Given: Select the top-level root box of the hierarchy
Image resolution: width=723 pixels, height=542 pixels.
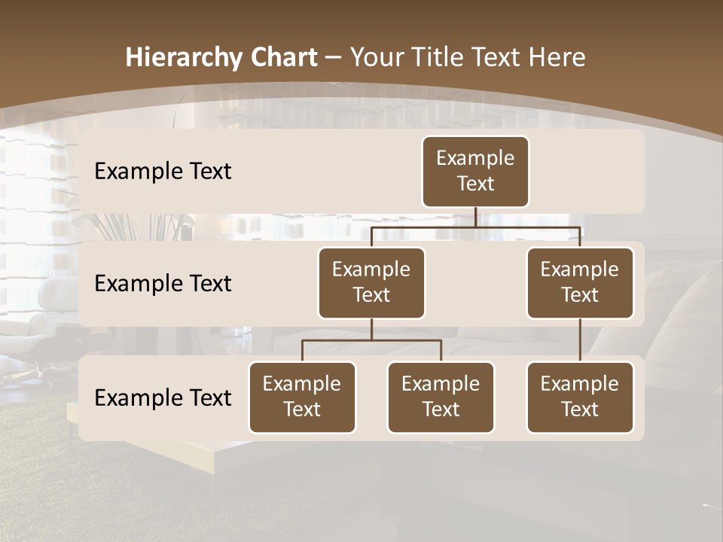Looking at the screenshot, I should point(475,172).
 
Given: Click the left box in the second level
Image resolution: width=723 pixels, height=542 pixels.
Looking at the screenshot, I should point(371,283).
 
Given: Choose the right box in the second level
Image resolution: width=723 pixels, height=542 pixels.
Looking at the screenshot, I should point(580,283).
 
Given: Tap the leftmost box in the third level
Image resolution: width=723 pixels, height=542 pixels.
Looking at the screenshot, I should point(302,397).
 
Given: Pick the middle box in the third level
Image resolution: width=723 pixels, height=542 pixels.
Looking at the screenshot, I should point(441,397).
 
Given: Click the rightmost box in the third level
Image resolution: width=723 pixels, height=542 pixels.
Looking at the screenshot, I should point(580,397).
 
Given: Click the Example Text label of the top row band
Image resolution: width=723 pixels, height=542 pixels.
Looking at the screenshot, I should point(163,172).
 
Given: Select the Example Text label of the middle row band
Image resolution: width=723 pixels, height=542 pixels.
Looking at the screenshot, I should point(163,284).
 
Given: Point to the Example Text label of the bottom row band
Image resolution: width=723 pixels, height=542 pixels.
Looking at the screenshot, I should point(163,398).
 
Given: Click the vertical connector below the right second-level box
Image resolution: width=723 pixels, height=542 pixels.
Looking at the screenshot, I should point(580,340).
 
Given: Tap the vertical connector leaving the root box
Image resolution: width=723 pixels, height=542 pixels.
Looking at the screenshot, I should point(475,217).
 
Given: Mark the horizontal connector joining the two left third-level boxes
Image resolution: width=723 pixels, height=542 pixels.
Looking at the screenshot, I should point(371,340).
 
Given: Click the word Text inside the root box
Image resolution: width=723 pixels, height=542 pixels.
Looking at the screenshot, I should point(475,184).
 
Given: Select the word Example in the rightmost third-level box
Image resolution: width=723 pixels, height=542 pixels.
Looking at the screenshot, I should point(580,384).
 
